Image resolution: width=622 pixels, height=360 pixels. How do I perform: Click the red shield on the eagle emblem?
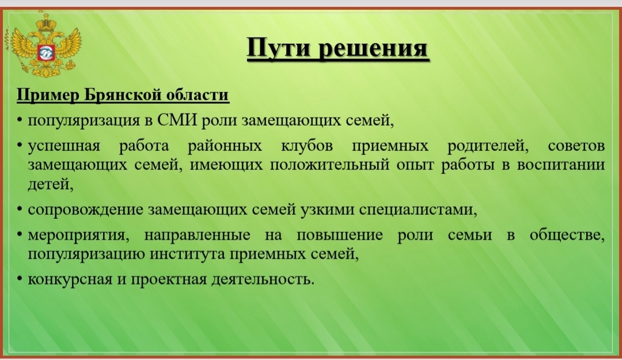46,52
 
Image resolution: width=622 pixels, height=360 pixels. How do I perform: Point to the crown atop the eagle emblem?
47,22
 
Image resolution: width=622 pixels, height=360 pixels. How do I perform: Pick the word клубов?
307,146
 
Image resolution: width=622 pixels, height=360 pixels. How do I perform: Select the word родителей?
488,146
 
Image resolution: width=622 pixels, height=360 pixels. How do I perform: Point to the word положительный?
329,165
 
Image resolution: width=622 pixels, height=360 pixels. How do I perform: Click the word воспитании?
561,165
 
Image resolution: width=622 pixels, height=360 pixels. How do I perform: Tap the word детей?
50,184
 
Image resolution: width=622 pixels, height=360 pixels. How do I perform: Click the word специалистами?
418,210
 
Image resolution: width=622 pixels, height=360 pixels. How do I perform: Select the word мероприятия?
78,236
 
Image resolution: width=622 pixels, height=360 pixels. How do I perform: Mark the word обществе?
567,236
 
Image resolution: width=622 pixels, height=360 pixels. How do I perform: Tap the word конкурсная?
70,280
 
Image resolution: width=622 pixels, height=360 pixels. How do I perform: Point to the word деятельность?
263,279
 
